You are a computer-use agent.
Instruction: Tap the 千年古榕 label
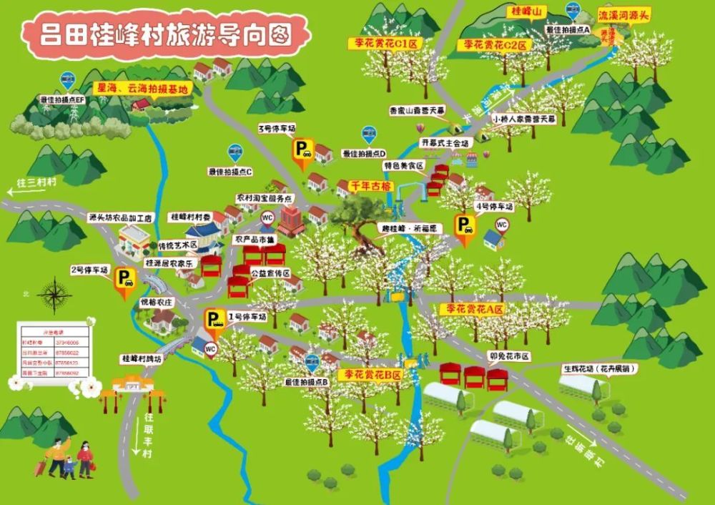[370, 185]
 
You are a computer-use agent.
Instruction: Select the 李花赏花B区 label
[370, 374]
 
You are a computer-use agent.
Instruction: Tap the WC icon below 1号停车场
[210, 349]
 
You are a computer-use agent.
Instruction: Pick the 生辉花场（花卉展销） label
[600, 369]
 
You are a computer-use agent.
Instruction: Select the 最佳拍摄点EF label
[62, 99]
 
